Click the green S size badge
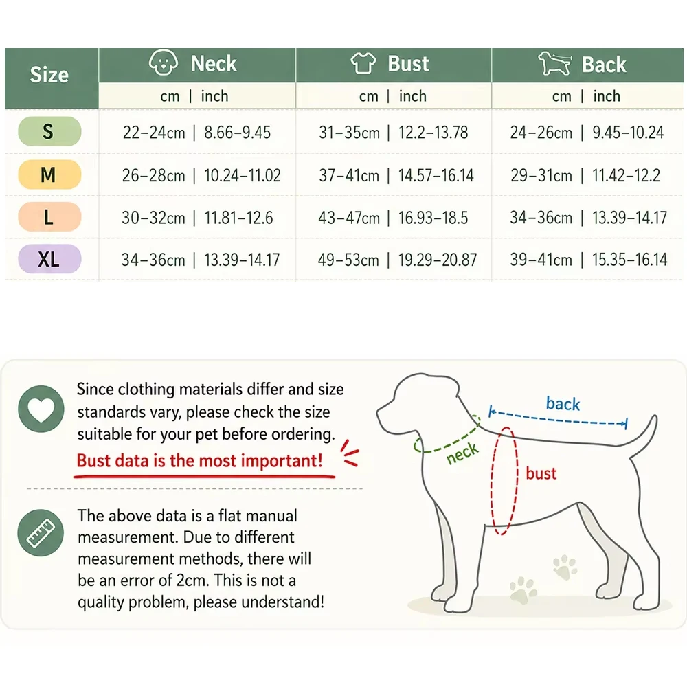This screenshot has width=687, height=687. coord(49,131)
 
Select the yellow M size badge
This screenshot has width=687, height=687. coord(49,174)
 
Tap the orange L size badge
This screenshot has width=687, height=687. coord(49,217)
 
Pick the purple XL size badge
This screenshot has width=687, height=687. coord(49,259)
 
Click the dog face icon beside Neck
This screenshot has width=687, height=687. coord(164,63)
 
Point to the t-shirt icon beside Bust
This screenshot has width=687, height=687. coord(363,63)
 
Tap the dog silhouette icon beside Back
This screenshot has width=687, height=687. coord(554,63)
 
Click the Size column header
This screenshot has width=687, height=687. coord(49,74)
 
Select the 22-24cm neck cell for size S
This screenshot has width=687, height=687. coord(154,133)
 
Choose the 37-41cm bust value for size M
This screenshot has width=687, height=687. coord(349,175)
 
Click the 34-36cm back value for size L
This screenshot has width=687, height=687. coord(541,217)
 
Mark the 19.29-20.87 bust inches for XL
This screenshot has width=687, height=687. coord(437,260)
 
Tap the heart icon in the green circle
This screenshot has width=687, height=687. coord(41,409)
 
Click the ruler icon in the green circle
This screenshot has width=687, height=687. coord(41,533)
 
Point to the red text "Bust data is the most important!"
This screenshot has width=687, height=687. coord(199,460)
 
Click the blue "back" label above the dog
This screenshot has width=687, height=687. coord(563,403)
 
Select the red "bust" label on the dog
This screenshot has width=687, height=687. coord(541,473)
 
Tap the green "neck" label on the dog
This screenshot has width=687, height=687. coord(462,453)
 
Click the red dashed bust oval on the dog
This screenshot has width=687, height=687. coord(492,482)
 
